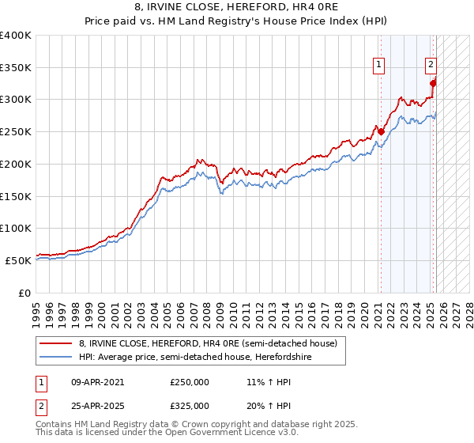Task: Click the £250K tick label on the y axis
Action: click(16, 131)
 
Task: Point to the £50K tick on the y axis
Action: click(18, 259)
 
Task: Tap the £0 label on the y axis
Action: click(26, 292)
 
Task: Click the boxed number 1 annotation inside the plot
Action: click(379, 66)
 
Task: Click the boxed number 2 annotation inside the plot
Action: click(431, 66)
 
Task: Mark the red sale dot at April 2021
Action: click(381, 132)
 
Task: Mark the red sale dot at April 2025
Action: click(433, 83)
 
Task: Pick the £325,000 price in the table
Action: click(190, 405)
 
